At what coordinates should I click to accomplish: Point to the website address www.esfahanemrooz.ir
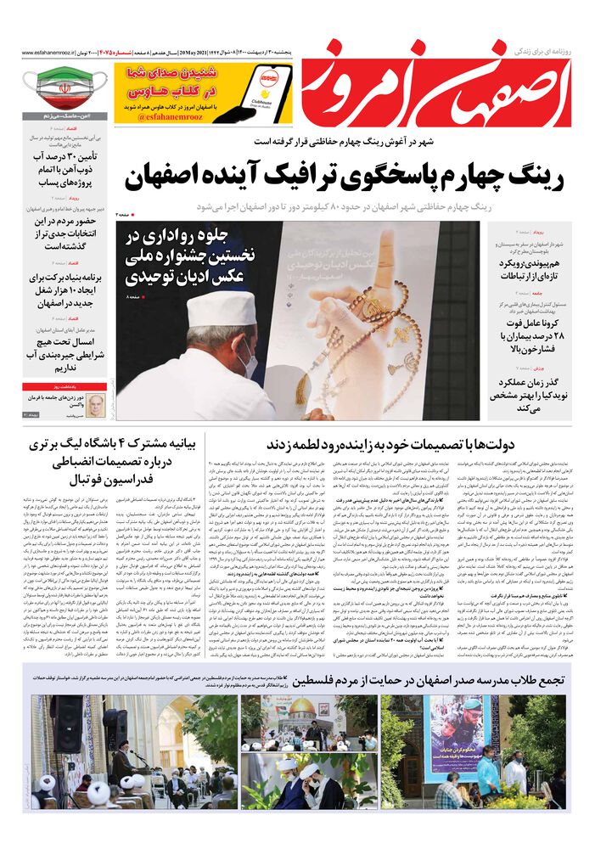coord(42,54)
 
